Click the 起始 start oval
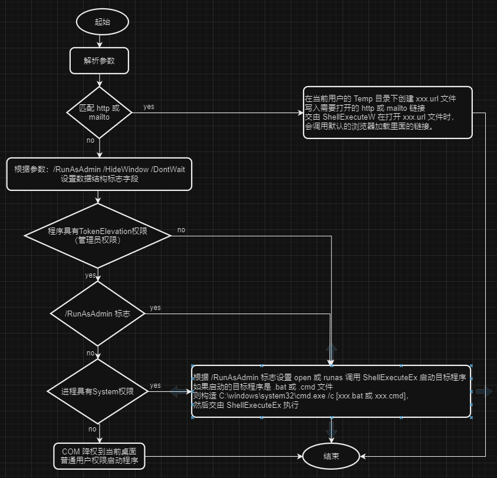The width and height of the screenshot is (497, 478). point(102,22)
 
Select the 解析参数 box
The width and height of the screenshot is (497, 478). point(99,61)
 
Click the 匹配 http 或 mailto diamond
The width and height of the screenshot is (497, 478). point(99,113)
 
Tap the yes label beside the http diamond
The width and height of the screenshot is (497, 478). point(149,107)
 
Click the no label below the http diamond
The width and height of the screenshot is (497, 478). point(90,140)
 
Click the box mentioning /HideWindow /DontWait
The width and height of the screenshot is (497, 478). point(99,174)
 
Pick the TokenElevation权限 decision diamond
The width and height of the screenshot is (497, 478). point(98,235)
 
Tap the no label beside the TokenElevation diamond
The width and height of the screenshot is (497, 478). point(181,230)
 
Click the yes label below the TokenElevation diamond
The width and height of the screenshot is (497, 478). point(90,275)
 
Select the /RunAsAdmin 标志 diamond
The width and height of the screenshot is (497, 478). point(98,314)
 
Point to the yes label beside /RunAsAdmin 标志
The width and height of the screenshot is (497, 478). point(155,308)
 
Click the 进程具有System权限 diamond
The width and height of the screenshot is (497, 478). point(98,391)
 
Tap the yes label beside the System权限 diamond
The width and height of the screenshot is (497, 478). point(155,385)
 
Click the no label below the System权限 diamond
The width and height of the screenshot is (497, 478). point(93,429)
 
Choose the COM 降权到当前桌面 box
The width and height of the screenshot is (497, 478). point(99,456)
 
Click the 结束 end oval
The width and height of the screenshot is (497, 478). point(331,456)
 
